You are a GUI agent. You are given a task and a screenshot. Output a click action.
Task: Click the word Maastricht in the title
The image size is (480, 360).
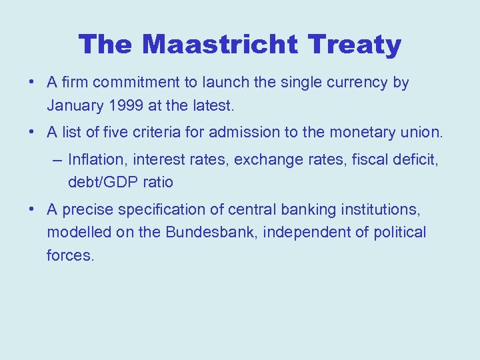219,45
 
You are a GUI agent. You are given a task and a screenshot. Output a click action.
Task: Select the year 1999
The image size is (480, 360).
126,105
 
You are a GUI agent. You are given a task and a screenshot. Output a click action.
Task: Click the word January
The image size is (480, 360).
73,105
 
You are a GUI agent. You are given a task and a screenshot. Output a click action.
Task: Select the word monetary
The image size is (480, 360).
370,133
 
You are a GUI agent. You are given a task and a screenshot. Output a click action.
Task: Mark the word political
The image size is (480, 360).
399,233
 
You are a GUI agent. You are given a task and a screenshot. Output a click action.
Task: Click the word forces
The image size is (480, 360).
70,255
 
